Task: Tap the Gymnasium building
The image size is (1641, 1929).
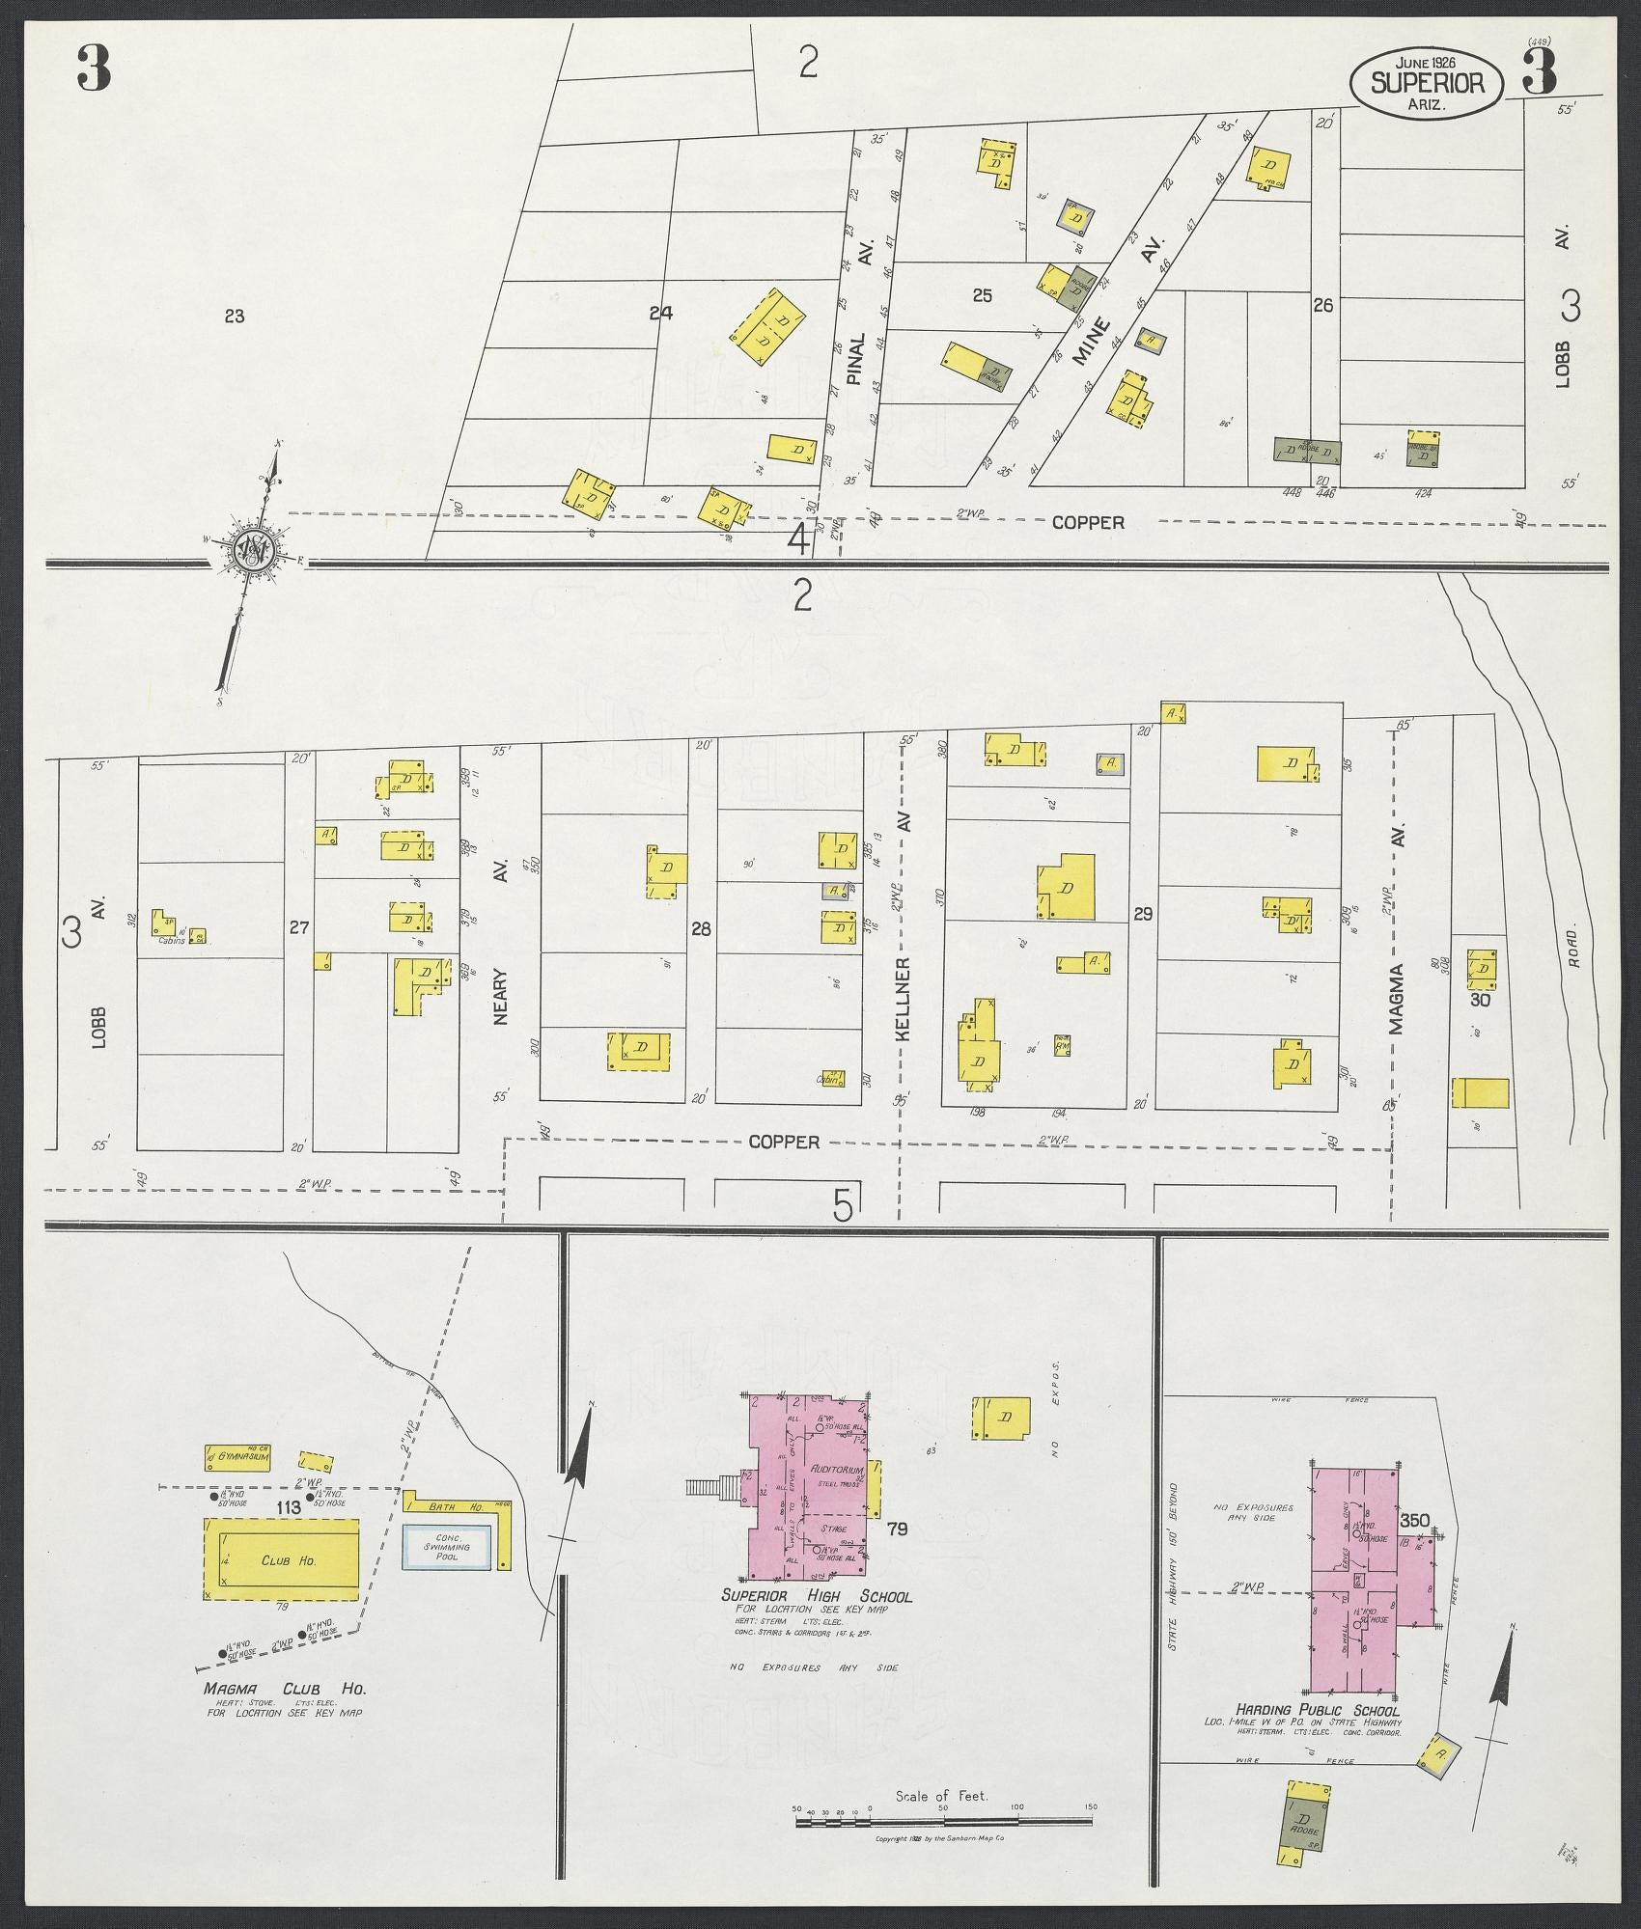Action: (236, 1482)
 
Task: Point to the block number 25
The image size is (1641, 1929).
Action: (982, 296)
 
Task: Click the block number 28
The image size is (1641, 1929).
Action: (701, 929)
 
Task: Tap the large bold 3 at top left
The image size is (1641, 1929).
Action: (94, 70)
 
